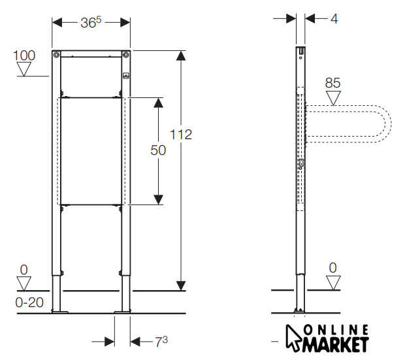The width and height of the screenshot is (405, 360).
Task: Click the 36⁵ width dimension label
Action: click(91, 22)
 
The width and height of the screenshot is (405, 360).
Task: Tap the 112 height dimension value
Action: click(181, 135)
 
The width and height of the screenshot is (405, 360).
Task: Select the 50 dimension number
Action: click(158, 150)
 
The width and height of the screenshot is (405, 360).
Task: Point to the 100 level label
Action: click(24, 56)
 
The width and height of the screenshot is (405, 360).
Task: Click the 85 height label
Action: click(332, 83)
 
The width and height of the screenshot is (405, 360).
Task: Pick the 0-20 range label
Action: click(29, 303)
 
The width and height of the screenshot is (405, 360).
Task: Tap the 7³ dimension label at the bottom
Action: click(161, 342)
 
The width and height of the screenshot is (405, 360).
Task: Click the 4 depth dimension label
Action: click(334, 19)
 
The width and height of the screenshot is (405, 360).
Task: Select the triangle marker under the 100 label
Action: click(24, 69)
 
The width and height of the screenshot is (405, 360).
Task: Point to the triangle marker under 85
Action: click(333, 98)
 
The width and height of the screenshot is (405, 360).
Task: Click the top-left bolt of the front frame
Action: click(56, 54)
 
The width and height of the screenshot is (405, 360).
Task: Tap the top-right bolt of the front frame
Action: click(126, 54)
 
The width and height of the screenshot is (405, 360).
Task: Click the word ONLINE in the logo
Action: click(336, 331)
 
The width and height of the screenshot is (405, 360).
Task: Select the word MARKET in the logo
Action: click(336, 344)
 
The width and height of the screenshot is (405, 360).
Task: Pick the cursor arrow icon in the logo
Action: click(293, 338)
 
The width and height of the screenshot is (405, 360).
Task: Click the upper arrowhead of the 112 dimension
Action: click(181, 56)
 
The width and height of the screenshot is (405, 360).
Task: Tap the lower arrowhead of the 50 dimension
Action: click(158, 199)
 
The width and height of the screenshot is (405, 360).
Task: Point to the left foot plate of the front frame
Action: click(60, 312)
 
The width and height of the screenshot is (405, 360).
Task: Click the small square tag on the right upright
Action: click(126, 76)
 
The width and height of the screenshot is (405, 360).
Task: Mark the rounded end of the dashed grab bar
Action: click(385, 123)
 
